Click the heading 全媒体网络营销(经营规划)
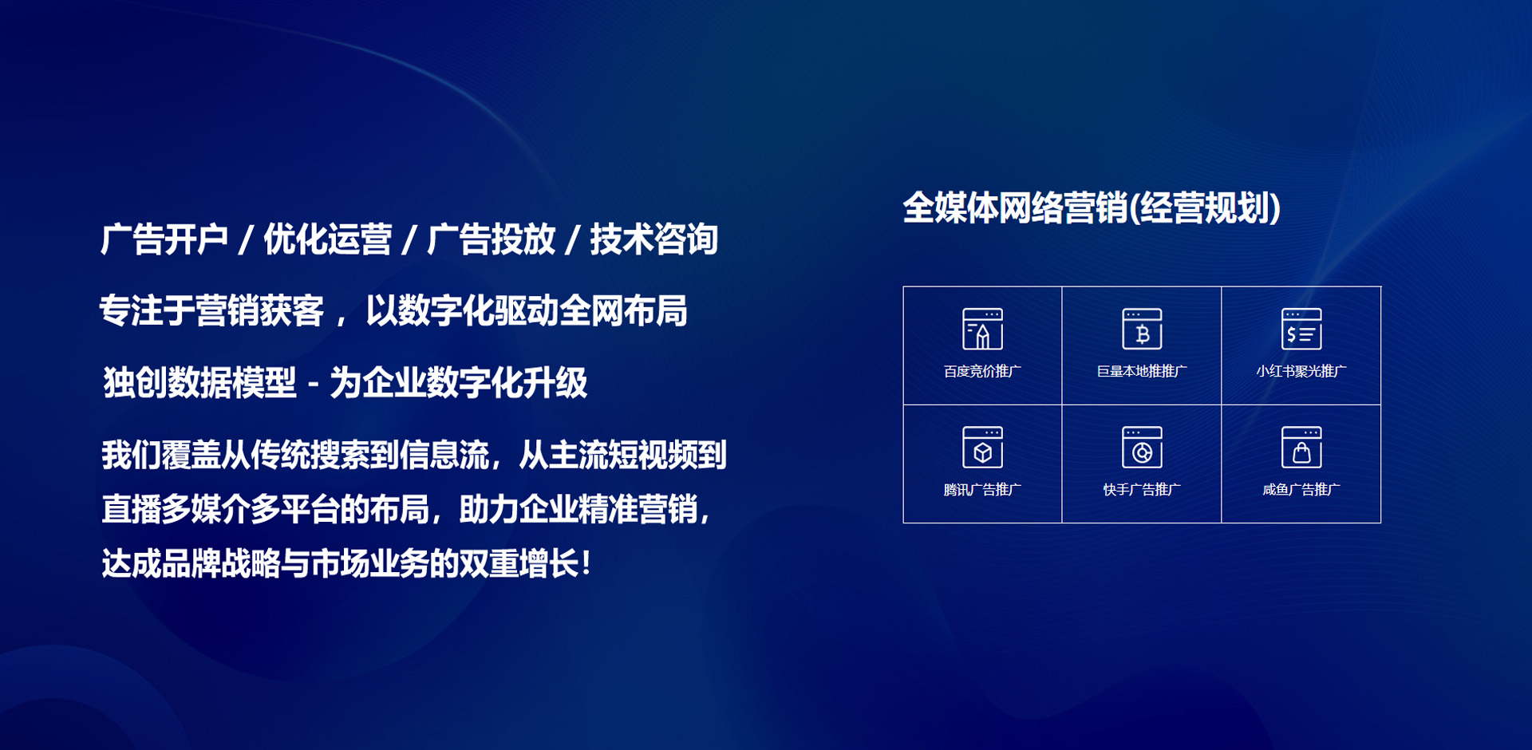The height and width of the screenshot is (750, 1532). coord(1092,208)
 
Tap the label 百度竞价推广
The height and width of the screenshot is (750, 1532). coord(982,371)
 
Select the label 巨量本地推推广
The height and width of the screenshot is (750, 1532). coord(1142,371)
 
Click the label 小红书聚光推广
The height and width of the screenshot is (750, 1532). coord(1301,371)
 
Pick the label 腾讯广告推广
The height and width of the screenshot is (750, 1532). coord(982,489)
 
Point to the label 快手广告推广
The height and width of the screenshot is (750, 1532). coord(1142,489)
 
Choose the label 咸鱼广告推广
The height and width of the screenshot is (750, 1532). coord(1301,489)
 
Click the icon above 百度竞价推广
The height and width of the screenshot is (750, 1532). coord(982,329)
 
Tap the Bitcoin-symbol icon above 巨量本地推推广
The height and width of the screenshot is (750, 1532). coord(1142,329)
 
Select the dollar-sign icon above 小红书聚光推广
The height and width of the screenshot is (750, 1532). coord(1301,329)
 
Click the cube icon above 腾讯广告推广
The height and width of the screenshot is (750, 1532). coord(982,447)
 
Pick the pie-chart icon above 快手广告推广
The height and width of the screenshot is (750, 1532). coord(1142,447)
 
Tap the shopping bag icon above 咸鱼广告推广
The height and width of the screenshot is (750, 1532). coord(1301,447)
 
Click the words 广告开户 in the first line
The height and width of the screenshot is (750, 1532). coord(164,239)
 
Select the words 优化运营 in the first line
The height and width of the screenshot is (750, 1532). coord(328,239)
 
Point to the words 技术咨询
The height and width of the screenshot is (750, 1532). coord(654,239)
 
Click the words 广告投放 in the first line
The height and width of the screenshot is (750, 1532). coord(492,239)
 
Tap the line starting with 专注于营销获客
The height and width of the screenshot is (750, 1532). coord(393,311)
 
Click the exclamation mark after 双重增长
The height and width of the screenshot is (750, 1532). coord(587,563)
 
